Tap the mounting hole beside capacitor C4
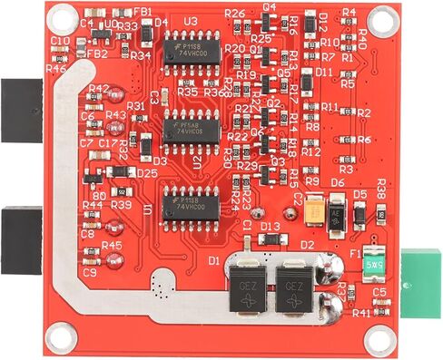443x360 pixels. (x=63, y=16)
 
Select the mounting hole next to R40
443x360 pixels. (x=379, y=15)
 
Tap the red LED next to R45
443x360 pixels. (x=113, y=260)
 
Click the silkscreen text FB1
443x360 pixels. (x=143, y=12)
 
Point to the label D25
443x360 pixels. (x=147, y=173)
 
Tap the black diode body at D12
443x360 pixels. (x=310, y=20)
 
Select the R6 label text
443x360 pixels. (x=364, y=140)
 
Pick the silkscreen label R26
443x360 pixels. (x=234, y=14)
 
